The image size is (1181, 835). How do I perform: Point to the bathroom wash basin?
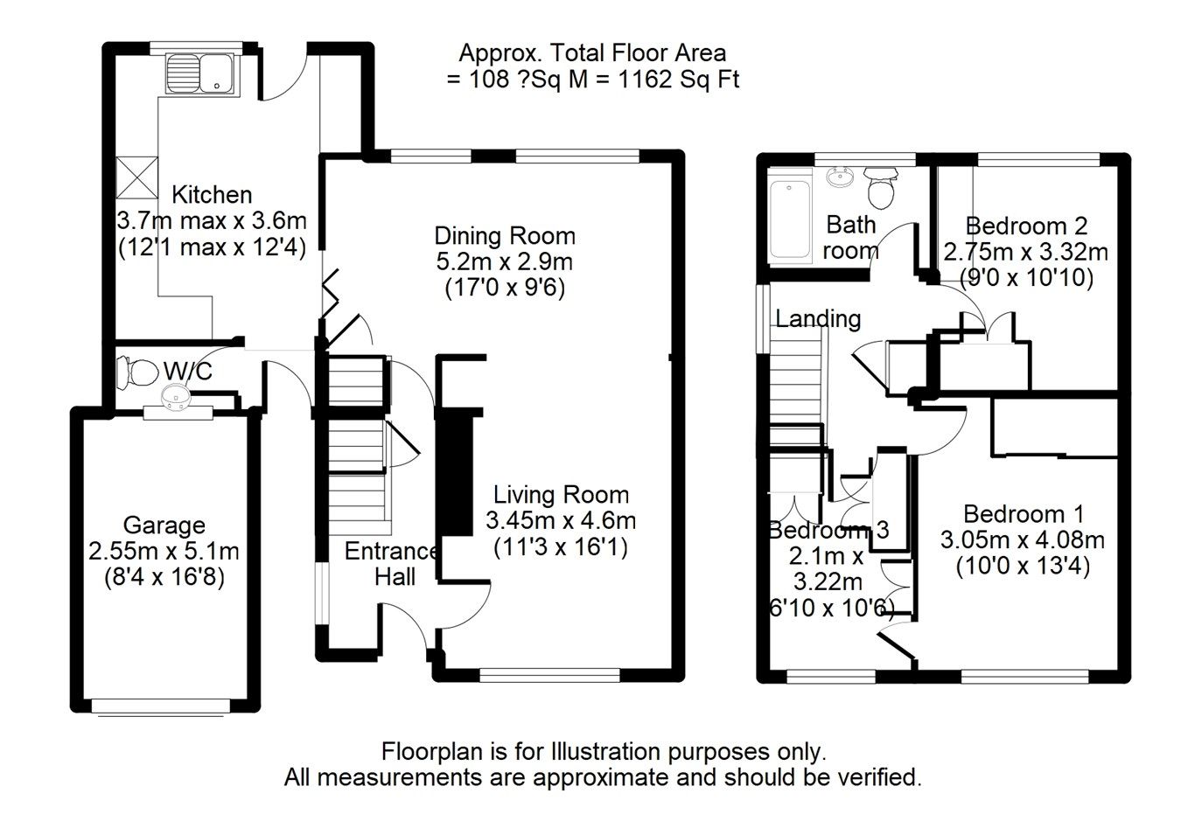coord(842,178)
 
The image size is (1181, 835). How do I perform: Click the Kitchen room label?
coord(212,194)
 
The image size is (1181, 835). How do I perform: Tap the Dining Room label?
coord(505,236)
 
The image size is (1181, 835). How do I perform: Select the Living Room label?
coord(561,495)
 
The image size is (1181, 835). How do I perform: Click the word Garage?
coord(164,525)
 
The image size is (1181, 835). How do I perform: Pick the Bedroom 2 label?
coord(1026,226)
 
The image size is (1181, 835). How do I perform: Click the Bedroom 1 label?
coord(1023,513)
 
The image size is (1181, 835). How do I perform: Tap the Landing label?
coord(818,318)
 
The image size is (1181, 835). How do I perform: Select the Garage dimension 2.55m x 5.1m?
coord(164,552)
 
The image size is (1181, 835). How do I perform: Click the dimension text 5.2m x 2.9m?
coord(505,261)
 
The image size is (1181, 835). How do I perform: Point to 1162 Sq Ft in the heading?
coord(679,80)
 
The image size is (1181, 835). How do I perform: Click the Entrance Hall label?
coord(391,563)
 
